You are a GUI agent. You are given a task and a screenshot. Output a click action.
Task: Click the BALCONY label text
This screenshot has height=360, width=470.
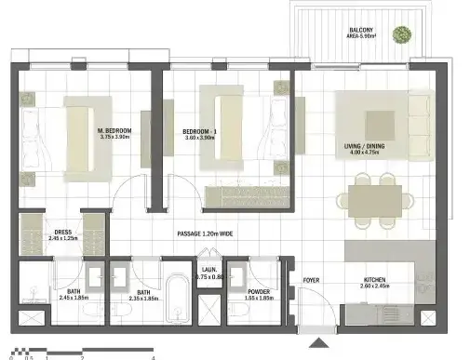[362, 30]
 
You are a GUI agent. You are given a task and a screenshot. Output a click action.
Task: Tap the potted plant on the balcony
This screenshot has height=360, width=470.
[401, 36]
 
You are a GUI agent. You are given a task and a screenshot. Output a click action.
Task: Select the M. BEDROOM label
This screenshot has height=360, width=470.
[114, 131]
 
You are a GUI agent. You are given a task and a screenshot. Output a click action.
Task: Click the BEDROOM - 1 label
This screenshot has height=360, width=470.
[199, 131]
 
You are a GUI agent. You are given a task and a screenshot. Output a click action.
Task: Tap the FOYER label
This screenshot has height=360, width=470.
[310, 278]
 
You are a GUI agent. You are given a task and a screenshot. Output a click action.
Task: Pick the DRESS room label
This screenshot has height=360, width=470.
[63, 233]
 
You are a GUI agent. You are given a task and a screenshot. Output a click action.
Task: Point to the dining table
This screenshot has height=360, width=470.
[377, 198]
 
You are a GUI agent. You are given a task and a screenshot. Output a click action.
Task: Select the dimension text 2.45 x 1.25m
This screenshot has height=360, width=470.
[63, 240]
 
